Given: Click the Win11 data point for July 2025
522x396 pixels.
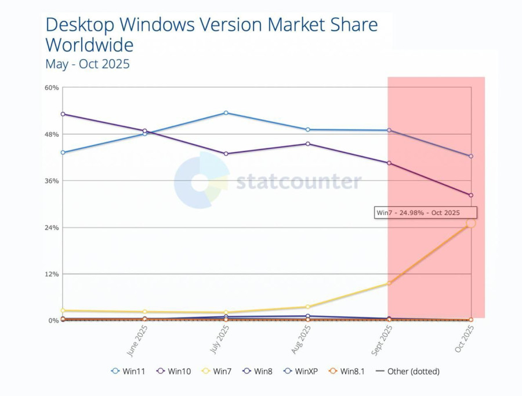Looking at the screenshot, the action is click(226, 112).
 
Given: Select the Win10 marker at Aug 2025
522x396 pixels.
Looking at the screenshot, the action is click(307, 143).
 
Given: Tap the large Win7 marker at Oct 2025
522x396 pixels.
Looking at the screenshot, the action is click(470, 223).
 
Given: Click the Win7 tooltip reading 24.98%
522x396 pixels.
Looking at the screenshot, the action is click(426, 213).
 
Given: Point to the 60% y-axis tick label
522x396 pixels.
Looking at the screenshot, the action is click(52, 88).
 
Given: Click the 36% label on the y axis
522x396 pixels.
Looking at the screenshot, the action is click(52, 181).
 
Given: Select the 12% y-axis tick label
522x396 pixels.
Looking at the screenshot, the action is click(52, 274).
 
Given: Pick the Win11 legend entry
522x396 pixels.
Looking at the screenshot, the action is click(129, 371).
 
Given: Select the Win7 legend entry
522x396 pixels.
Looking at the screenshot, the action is click(218, 371).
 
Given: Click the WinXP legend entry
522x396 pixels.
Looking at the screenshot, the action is click(301, 371).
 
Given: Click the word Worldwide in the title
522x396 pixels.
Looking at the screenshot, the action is click(89, 45).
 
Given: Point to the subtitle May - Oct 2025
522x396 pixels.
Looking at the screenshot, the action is click(88, 64).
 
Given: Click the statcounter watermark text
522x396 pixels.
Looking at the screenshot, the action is click(299, 181).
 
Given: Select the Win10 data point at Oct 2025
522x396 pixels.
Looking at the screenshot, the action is click(471, 195).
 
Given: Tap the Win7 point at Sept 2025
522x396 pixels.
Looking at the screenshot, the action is click(389, 283).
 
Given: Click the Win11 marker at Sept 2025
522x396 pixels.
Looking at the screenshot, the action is click(389, 130).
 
